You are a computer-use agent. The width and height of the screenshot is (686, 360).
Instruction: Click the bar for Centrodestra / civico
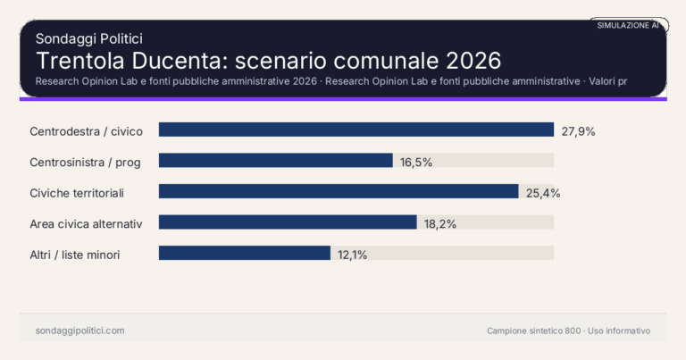point(356,130)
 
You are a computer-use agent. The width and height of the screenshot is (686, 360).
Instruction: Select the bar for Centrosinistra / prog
point(276,161)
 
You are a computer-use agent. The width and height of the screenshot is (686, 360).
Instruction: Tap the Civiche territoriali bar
point(339,191)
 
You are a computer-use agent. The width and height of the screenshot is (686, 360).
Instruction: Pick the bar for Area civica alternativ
point(288,222)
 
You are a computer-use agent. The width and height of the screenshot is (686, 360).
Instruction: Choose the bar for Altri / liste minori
point(245,253)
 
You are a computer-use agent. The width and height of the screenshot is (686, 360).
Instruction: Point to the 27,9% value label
point(578,130)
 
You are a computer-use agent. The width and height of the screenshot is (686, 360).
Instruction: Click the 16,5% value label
point(416,162)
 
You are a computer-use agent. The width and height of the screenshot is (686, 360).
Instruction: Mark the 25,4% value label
point(542,192)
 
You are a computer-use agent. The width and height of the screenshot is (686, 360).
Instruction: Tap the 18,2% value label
point(440,223)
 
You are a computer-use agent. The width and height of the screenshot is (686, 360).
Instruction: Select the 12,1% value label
point(352,254)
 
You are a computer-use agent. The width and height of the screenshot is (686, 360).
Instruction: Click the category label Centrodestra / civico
point(86,130)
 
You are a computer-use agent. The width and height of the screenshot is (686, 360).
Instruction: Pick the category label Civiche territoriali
point(77,192)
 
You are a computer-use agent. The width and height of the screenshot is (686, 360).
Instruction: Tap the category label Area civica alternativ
point(87,223)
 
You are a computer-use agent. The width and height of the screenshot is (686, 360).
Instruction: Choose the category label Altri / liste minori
point(75,254)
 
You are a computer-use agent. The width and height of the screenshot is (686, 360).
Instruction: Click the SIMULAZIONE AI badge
point(628,25)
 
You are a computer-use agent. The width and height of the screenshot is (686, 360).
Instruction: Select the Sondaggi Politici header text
point(89,38)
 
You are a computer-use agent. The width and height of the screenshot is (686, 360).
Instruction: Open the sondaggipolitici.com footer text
point(80,331)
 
